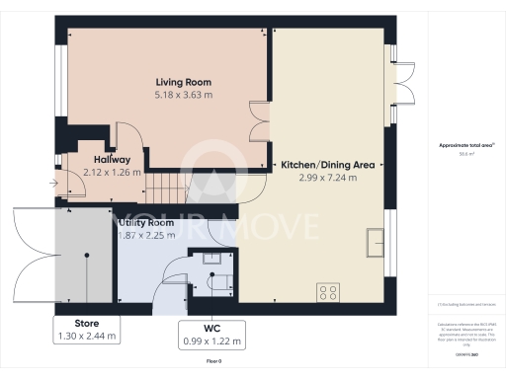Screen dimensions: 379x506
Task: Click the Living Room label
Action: coord(183,82)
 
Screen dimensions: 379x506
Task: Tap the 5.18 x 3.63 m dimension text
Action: coord(183,96)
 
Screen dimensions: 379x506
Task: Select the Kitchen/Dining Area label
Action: coord(327,164)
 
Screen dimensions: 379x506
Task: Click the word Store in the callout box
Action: coord(87,323)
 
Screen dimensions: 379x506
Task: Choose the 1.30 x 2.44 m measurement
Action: coord(87,337)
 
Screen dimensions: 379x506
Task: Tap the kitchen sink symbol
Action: coord(375,241)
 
